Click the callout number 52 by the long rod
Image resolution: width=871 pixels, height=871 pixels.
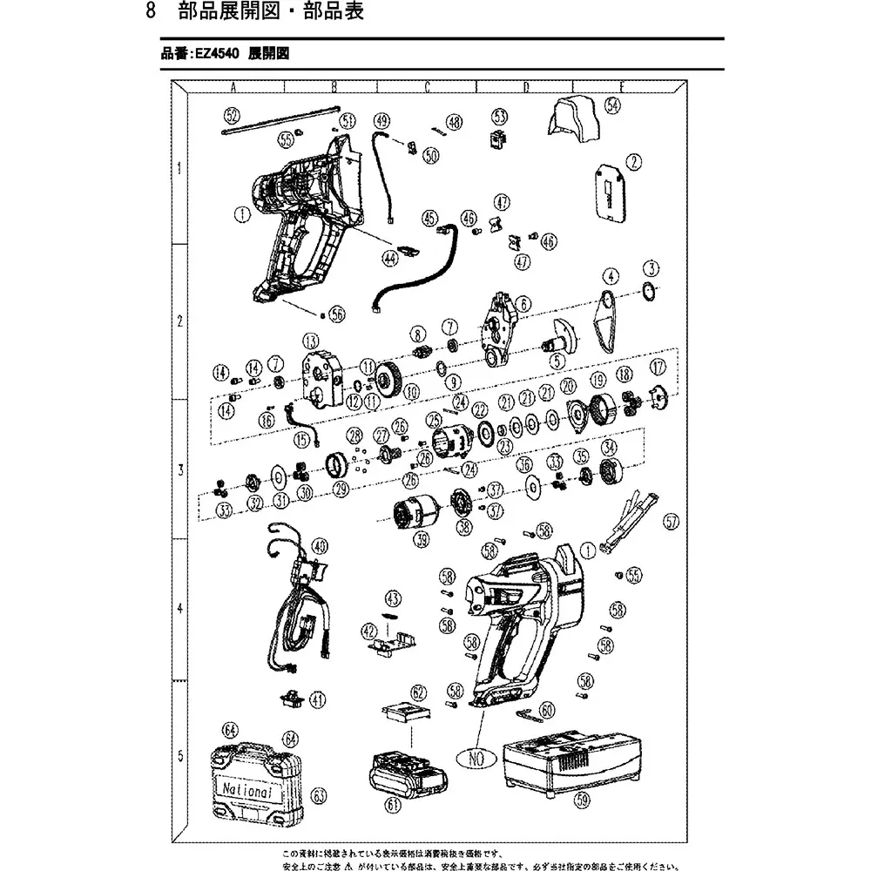(231, 114)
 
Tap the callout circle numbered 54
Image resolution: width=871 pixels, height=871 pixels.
(613, 105)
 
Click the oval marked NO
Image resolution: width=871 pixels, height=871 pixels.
(476, 759)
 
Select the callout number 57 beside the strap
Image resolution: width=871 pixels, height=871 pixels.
(670, 523)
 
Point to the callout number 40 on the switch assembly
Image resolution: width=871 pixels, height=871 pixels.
(321, 546)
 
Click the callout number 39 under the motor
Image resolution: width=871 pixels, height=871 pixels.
(422, 541)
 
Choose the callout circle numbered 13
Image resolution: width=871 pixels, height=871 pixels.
(309, 339)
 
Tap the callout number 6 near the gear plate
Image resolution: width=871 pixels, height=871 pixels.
(524, 303)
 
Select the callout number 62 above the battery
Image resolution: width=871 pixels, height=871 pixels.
(420, 693)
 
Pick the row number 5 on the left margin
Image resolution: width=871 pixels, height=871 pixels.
(179, 755)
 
